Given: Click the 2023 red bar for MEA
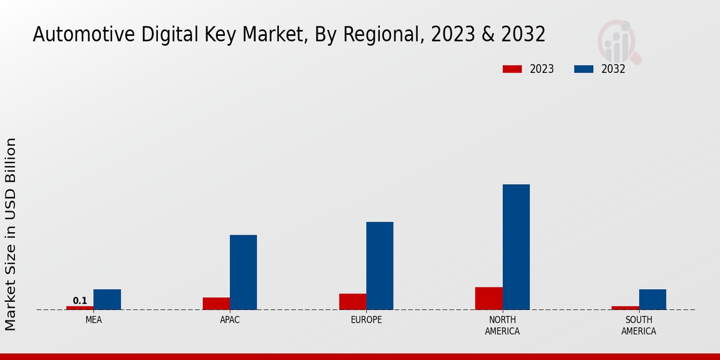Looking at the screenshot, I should (x=80, y=308).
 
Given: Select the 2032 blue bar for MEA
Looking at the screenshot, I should (x=107, y=299).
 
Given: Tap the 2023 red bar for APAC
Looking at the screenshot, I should (x=216, y=304).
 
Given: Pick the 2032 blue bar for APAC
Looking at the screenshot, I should (x=243, y=272).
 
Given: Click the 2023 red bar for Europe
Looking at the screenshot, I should (x=352, y=302).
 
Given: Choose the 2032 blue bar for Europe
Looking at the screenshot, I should (x=380, y=266).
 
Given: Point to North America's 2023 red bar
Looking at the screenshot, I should (x=488, y=298).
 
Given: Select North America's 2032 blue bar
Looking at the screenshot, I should (x=516, y=247).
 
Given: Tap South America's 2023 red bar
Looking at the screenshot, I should (x=625, y=308).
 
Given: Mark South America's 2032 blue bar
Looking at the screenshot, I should (x=652, y=299).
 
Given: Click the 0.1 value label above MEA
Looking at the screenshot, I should (x=80, y=301).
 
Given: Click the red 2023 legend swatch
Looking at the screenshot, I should (x=512, y=69).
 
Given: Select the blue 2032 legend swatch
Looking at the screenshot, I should (x=584, y=69).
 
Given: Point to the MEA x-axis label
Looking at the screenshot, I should (x=94, y=320).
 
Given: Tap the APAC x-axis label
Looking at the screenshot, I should (x=230, y=320).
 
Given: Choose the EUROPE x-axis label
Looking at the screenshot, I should (x=366, y=320).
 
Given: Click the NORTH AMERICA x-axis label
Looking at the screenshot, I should (x=502, y=325).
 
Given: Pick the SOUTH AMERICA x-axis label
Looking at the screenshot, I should (x=638, y=325).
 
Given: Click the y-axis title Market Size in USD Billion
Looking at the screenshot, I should (x=11, y=234).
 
